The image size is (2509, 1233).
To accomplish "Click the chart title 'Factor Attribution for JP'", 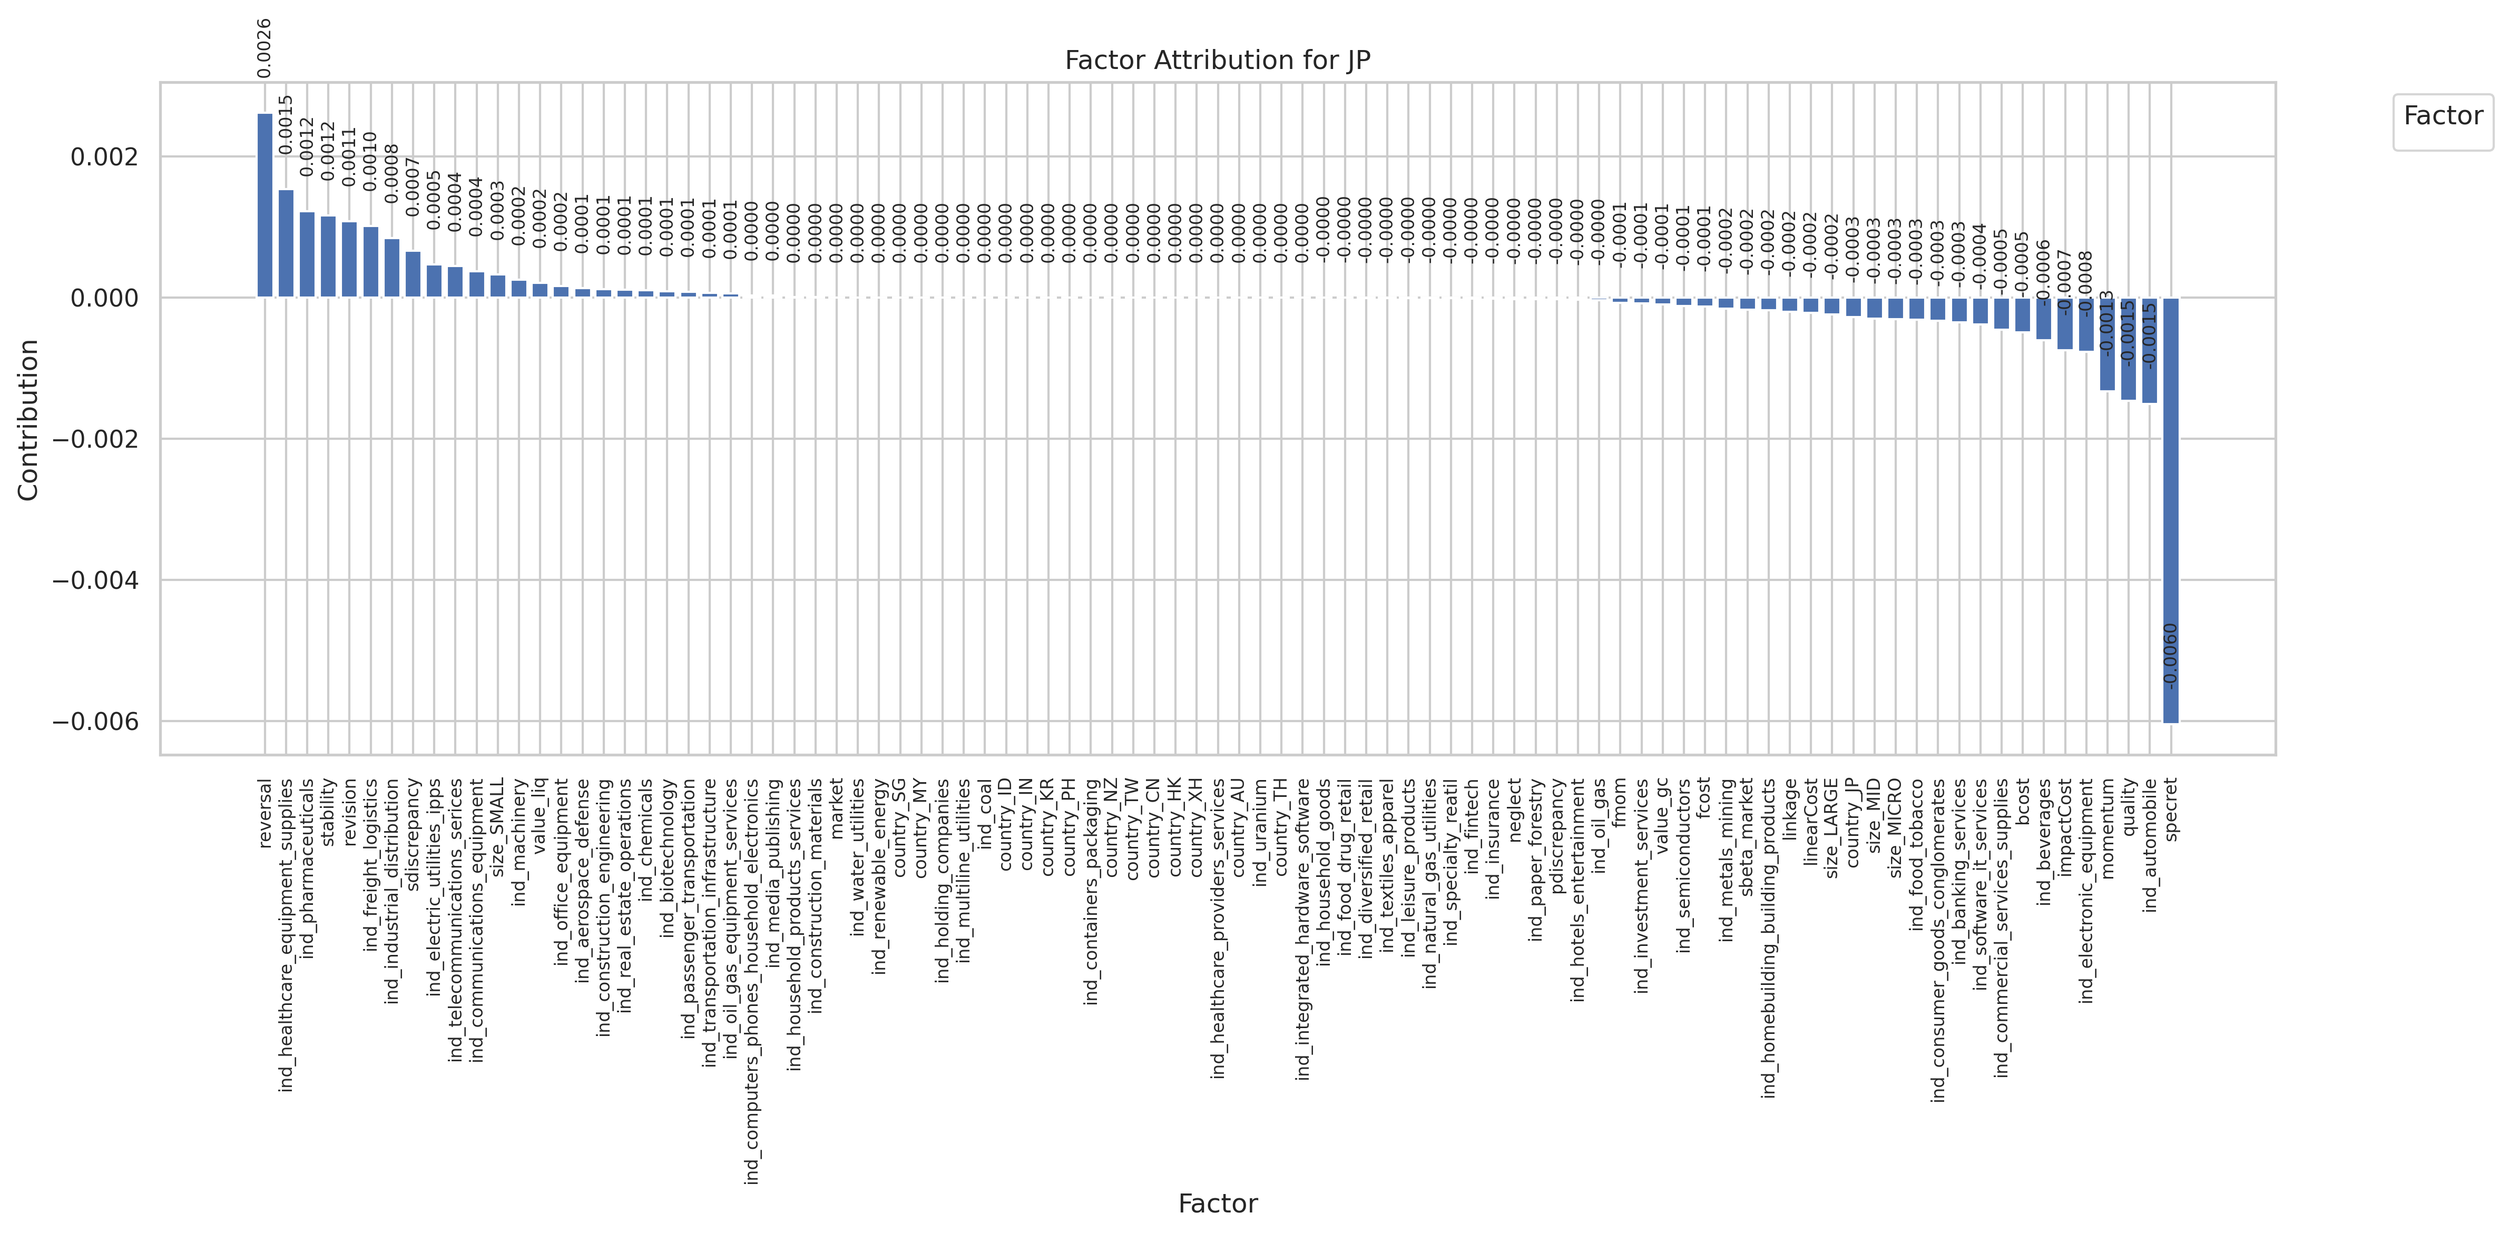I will point(1218,61).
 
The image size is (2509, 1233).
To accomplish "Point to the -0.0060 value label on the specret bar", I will point(2170,655).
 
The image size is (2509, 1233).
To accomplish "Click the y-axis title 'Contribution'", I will point(28,420).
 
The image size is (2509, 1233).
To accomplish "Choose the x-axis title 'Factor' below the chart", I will point(1218,1204).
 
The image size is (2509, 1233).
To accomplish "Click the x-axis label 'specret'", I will point(2171,808).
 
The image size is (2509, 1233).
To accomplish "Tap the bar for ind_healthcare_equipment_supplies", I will point(286,243).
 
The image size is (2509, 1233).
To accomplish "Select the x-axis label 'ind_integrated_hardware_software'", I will point(1303,928).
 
